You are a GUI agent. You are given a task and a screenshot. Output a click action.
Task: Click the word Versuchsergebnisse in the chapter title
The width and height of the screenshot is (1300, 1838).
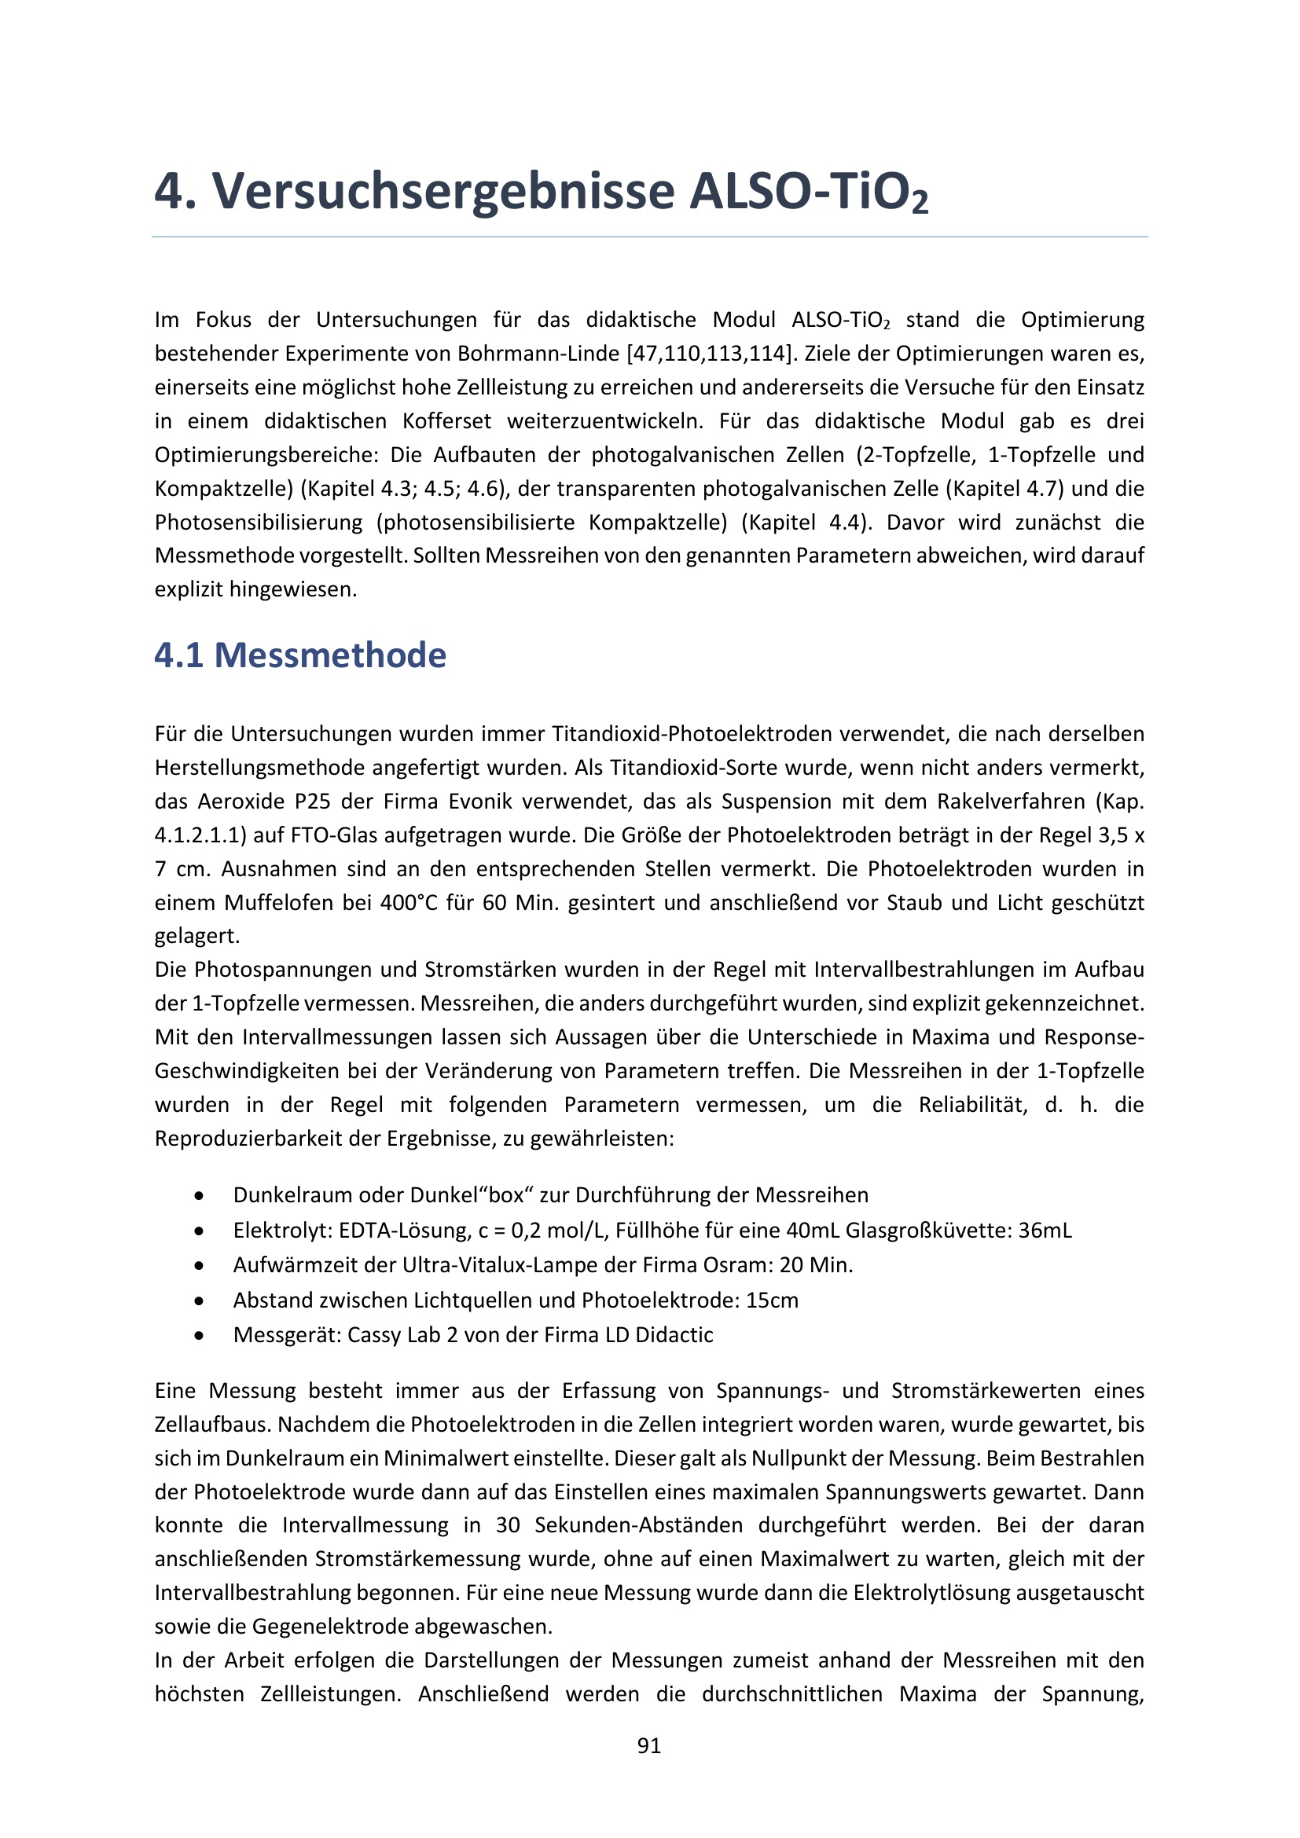[x=443, y=191]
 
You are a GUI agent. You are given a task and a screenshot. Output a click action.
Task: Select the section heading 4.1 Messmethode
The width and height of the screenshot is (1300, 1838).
[x=300, y=655]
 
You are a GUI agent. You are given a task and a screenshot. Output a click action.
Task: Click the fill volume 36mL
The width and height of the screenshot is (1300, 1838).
[x=1045, y=1231]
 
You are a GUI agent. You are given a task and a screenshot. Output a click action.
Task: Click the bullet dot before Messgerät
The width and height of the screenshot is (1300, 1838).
[x=199, y=1335]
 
